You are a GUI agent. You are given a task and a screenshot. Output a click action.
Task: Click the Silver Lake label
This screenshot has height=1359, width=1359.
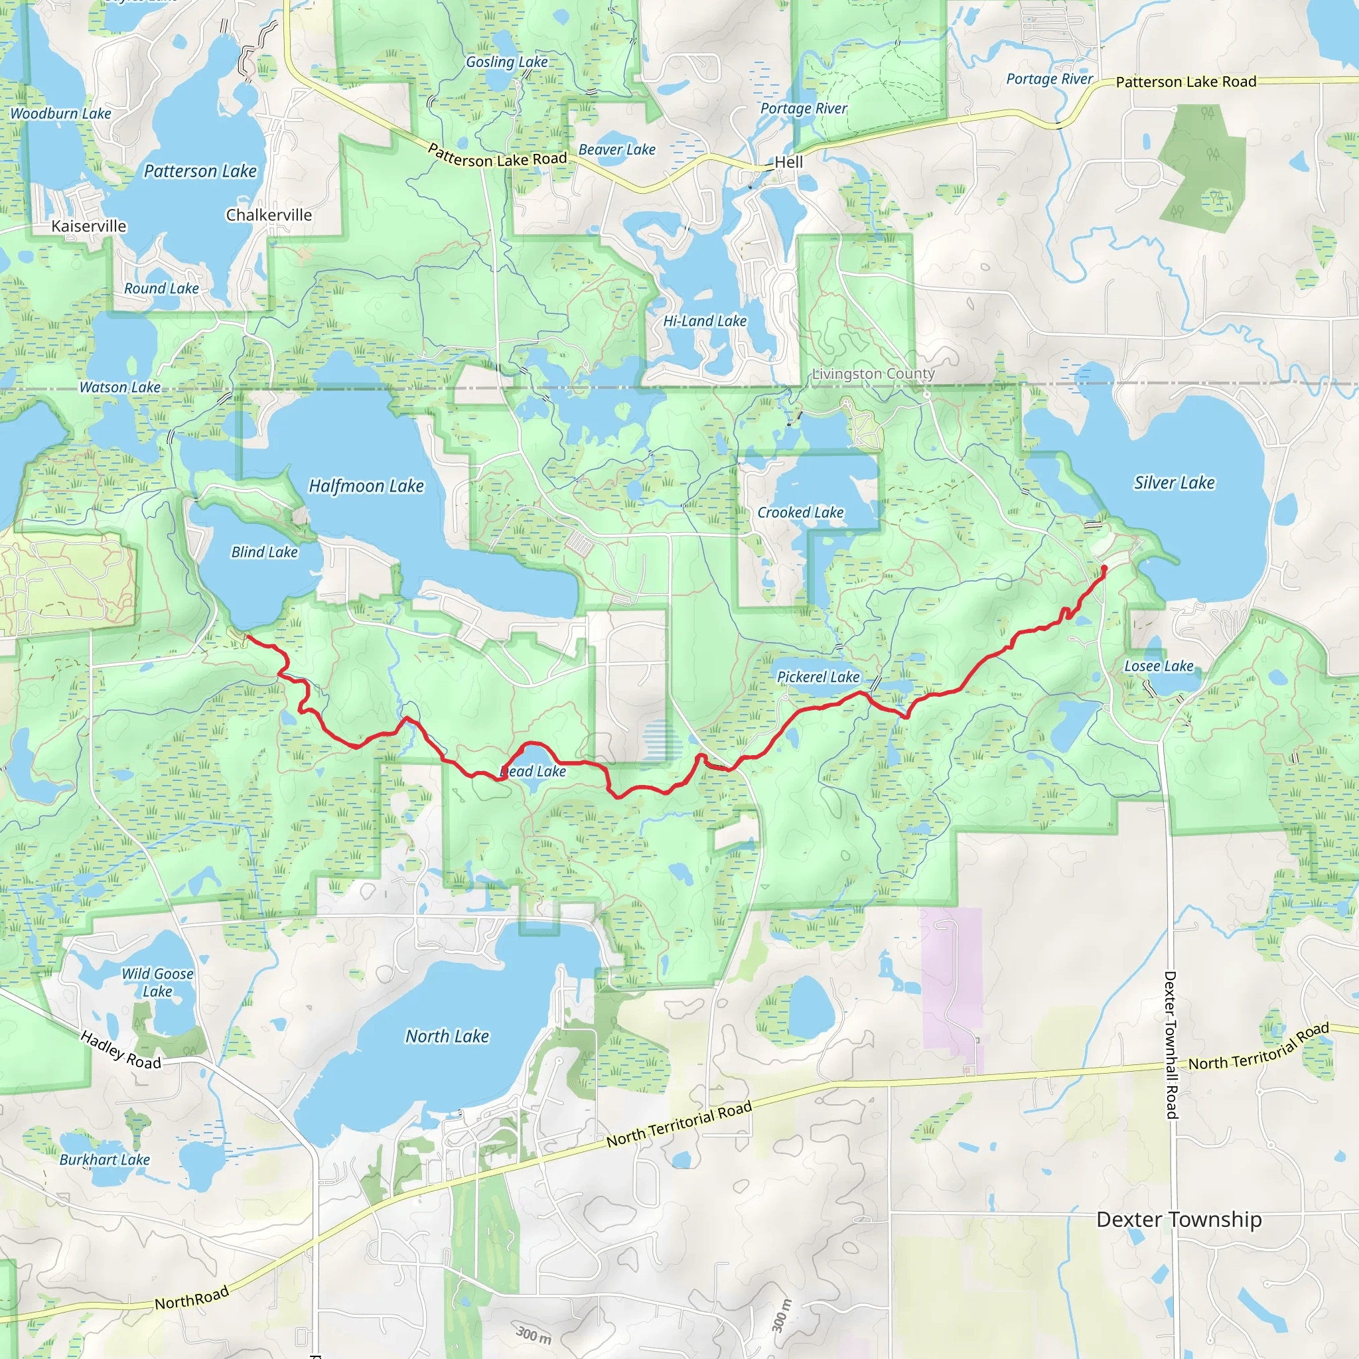pyautogui.click(x=1174, y=482)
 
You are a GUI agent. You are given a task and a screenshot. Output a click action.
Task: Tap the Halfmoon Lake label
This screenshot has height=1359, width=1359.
pyautogui.click(x=366, y=486)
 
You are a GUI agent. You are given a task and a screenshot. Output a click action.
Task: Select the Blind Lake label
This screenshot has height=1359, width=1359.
pyautogui.click(x=265, y=552)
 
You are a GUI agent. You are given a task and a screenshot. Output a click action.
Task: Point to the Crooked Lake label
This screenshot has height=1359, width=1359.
pyautogui.click(x=800, y=513)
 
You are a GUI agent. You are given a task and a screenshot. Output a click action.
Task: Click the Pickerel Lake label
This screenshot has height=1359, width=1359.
pyautogui.click(x=818, y=677)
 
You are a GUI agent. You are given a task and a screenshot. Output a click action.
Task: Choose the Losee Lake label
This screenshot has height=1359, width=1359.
pyautogui.click(x=1159, y=666)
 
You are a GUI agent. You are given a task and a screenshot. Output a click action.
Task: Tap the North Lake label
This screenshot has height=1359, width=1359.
pyautogui.click(x=447, y=1036)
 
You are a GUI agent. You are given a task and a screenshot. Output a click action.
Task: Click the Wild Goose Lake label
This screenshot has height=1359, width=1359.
pyautogui.click(x=157, y=983)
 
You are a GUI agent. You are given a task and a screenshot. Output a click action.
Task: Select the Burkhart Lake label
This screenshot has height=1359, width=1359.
pyautogui.click(x=104, y=1160)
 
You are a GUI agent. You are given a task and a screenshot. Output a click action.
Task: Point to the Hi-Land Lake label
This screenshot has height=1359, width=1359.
pyautogui.click(x=705, y=321)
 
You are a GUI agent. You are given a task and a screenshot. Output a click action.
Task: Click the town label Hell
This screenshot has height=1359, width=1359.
pyautogui.click(x=788, y=162)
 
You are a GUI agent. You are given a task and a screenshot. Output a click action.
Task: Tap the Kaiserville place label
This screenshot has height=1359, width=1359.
pyautogui.click(x=89, y=226)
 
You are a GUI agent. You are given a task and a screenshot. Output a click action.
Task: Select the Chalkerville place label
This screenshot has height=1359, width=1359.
pyautogui.click(x=269, y=215)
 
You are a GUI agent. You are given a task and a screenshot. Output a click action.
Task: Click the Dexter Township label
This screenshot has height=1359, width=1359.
pyautogui.click(x=1179, y=1219)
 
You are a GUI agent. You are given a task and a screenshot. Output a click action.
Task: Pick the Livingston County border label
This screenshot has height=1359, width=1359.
pyautogui.click(x=873, y=374)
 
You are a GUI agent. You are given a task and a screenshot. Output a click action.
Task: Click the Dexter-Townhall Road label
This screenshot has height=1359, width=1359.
pyautogui.click(x=1171, y=1044)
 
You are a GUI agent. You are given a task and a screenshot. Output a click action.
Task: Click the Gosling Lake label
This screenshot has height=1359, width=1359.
pyautogui.click(x=506, y=62)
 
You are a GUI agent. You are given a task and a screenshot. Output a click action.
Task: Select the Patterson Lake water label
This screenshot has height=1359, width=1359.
pyautogui.click(x=200, y=171)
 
